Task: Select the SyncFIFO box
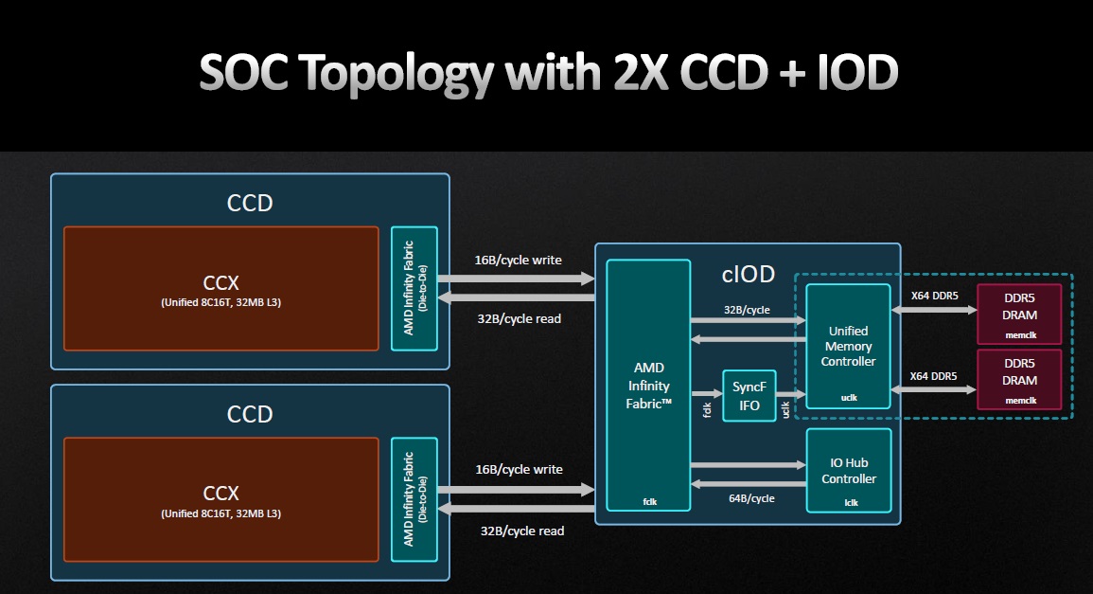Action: (x=749, y=396)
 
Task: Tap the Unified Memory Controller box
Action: (x=847, y=346)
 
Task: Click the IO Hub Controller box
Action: (x=848, y=471)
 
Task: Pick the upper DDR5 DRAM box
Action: (x=1019, y=314)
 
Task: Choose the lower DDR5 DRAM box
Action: (x=1019, y=379)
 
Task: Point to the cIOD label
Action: (x=748, y=275)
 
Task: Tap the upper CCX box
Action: (x=220, y=289)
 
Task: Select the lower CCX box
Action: (x=220, y=499)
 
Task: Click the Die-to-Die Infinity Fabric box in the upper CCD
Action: (x=414, y=288)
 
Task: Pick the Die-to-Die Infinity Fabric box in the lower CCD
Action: (x=414, y=499)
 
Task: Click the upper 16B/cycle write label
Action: (x=519, y=260)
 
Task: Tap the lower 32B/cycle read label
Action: (x=521, y=531)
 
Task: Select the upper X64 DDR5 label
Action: (x=933, y=295)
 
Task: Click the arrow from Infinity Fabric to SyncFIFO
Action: (x=705, y=392)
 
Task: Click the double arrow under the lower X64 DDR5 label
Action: (x=933, y=389)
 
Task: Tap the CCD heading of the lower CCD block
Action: (x=250, y=414)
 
